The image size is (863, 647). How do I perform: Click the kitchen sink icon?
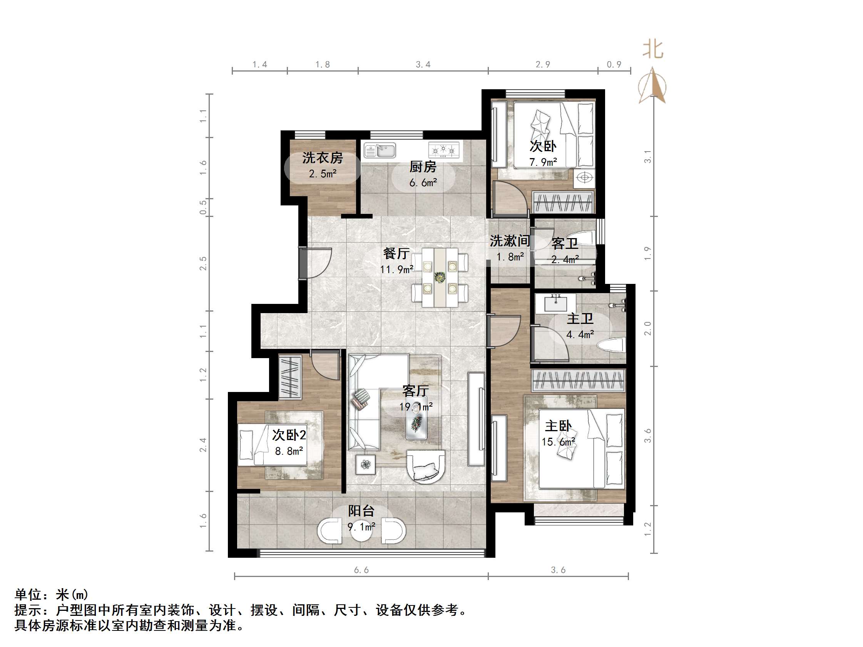tap(380, 150)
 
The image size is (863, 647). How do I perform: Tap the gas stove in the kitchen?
tap(443, 150)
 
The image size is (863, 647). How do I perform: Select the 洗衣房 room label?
tap(322, 158)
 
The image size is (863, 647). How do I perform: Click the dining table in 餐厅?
tap(440, 277)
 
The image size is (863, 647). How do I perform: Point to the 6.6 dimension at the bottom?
tap(361, 570)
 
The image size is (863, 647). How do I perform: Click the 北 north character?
tap(653, 50)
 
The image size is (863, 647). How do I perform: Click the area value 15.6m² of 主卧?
tap(558, 442)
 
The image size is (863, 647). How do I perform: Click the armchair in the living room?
tap(426, 467)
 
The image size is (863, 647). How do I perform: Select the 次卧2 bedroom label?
tap(289, 435)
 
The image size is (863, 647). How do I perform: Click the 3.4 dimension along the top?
tap(423, 64)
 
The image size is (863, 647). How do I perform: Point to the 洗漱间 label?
tap(510, 241)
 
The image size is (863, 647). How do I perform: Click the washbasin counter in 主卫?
tap(555, 304)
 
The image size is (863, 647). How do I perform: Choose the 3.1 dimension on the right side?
tap(648, 157)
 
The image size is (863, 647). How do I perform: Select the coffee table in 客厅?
tap(416, 423)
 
